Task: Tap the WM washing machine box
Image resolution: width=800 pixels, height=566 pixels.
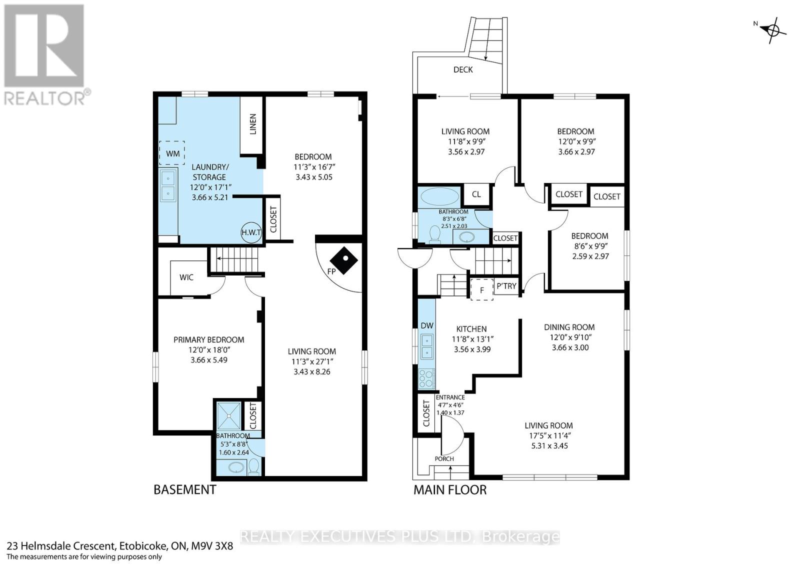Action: pyautogui.click(x=172, y=153)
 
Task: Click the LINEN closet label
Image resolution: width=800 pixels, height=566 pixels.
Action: pyautogui.click(x=252, y=124)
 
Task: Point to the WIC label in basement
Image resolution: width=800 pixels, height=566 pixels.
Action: pyautogui.click(x=186, y=277)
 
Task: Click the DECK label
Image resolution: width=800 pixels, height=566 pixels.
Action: pyautogui.click(x=463, y=69)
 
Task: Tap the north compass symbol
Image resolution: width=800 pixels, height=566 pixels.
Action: pyautogui.click(x=772, y=30)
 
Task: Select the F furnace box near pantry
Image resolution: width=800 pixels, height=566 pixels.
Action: pyautogui.click(x=482, y=290)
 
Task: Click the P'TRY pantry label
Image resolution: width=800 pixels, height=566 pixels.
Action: pyautogui.click(x=506, y=286)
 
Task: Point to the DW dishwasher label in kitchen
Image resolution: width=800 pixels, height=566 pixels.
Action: pyautogui.click(x=427, y=326)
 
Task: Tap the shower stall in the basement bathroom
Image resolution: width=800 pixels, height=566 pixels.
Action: pyautogui.click(x=228, y=414)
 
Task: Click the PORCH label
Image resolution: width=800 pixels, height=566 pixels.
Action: pyautogui.click(x=444, y=459)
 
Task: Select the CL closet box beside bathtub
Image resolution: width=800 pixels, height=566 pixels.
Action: pyautogui.click(x=476, y=194)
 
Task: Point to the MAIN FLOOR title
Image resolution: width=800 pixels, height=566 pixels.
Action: pyautogui.click(x=449, y=490)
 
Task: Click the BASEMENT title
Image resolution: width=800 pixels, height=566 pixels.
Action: pyautogui.click(x=184, y=490)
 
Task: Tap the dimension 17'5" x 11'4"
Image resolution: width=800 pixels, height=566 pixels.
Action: pyautogui.click(x=548, y=435)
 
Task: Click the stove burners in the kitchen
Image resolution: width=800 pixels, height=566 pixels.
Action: pyautogui.click(x=426, y=379)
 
